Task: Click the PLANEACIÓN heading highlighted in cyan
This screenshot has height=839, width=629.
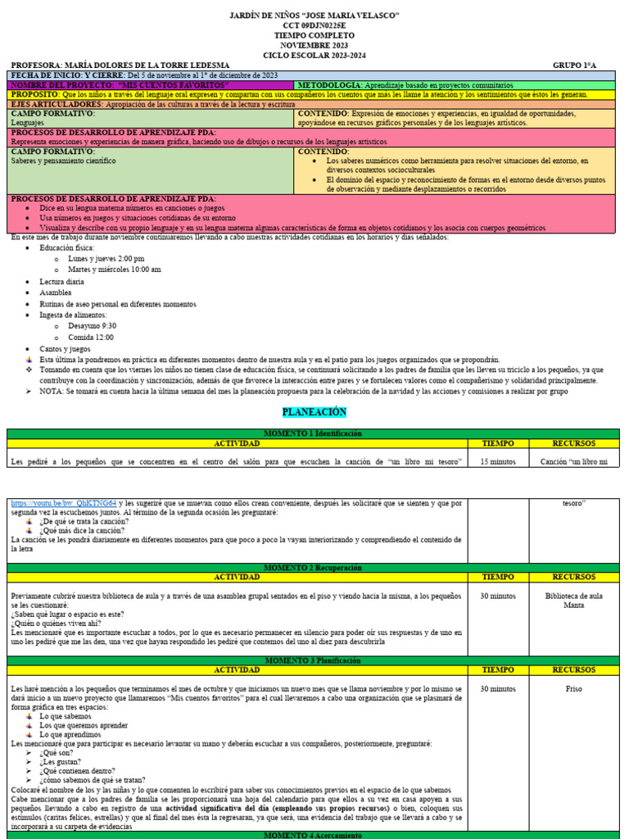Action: [x=314, y=411]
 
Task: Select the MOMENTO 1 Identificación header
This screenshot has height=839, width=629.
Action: [x=313, y=433]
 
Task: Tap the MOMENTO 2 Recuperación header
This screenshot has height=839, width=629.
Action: [x=313, y=567]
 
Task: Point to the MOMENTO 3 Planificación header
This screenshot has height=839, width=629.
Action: [x=313, y=659]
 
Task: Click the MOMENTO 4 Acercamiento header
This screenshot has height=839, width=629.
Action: [x=313, y=834]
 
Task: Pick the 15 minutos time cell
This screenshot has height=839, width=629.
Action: [x=497, y=461]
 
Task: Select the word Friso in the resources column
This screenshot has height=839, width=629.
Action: [x=573, y=689]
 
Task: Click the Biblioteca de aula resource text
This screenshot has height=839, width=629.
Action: [x=573, y=596]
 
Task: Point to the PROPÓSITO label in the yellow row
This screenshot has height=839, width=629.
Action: [x=39, y=95]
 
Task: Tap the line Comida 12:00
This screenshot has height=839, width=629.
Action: [x=91, y=337]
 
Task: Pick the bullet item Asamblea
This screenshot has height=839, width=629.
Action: [x=56, y=292]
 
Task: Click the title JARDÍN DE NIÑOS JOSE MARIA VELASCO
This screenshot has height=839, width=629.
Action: [x=314, y=16]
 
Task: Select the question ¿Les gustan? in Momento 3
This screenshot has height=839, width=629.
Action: [x=60, y=760]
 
